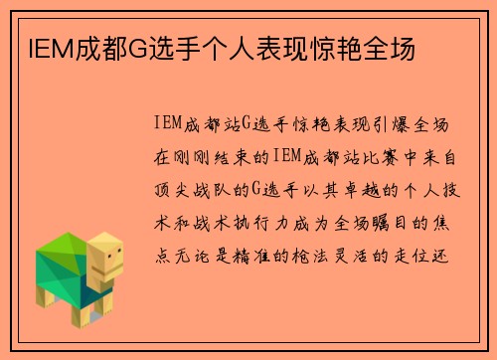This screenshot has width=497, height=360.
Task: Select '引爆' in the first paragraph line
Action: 382,123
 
